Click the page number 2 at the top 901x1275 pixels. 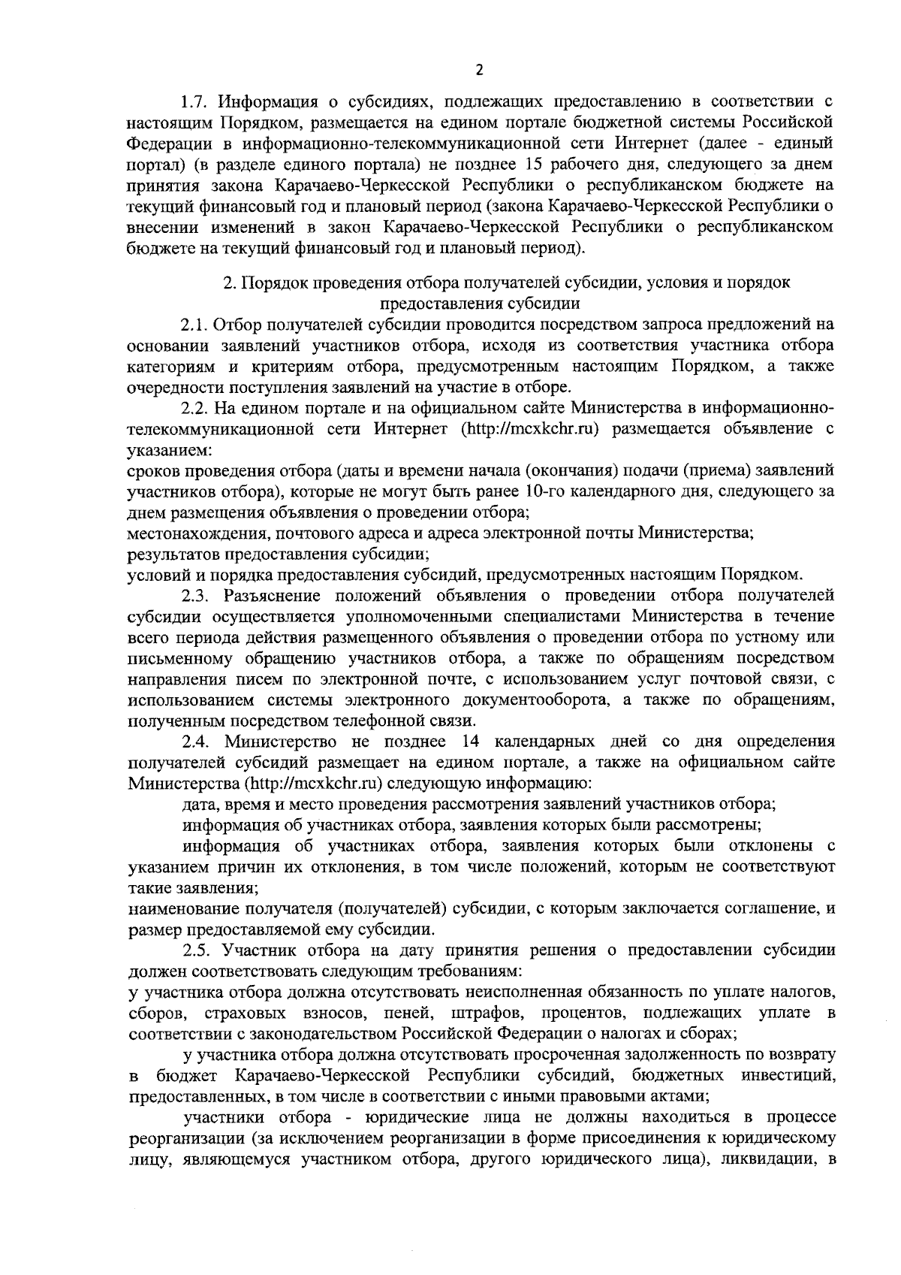point(480,71)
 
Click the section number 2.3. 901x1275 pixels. point(194,597)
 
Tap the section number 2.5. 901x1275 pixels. point(195,950)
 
